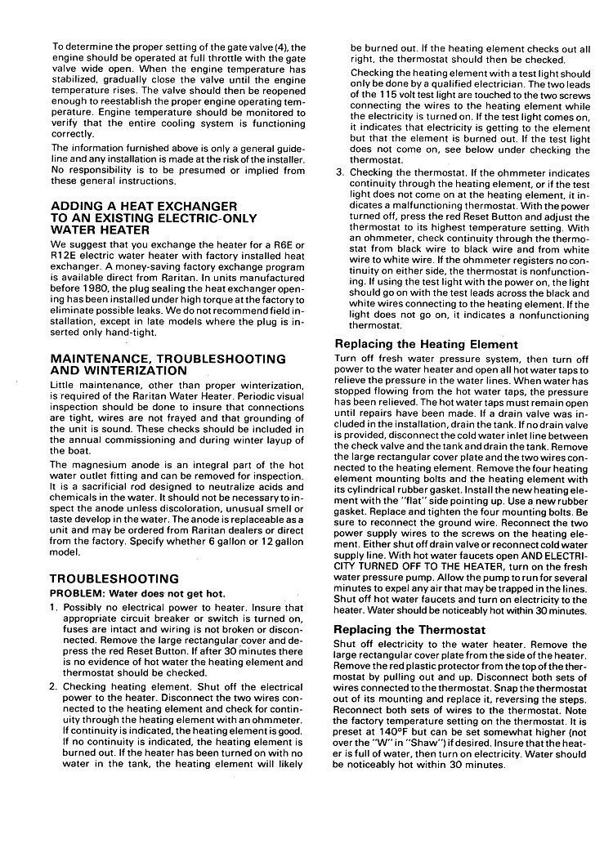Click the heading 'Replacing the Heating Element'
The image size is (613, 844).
pos(426,345)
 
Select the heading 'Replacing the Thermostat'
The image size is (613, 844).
pos(409,630)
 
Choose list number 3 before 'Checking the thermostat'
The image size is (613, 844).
pos(340,173)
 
